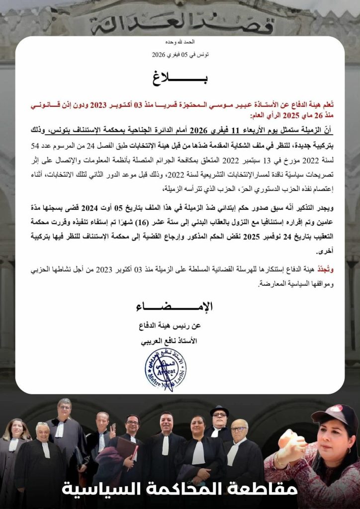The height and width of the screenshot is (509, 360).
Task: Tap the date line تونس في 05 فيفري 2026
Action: coord(180,54)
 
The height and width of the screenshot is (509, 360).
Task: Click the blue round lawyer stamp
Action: coord(165,370)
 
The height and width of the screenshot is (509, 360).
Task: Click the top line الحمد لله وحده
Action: coord(180,42)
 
